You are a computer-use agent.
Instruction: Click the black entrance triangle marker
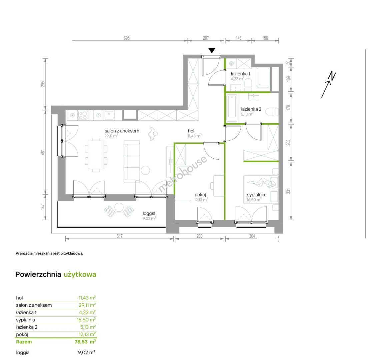tap(212, 50)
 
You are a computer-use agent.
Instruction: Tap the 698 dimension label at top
tap(127, 38)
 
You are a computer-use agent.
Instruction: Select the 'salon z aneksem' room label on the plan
tap(122, 131)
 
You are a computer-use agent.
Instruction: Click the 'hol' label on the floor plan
tap(191, 131)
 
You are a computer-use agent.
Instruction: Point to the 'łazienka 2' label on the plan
tap(251, 109)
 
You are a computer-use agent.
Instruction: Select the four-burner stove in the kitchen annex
tap(83, 115)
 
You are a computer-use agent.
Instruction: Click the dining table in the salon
tap(96, 155)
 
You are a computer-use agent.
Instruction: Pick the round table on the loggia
tap(119, 207)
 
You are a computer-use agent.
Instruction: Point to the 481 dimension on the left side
tap(43, 152)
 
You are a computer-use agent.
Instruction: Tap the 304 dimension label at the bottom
tap(252, 236)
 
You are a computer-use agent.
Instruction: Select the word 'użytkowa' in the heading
tap(80, 274)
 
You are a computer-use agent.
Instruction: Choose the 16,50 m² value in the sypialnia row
tap(86, 320)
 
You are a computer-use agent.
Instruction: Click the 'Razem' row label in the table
tap(24, 342)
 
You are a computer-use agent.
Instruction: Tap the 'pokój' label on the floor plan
tap(200, 195)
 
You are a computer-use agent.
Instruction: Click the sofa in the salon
tap(132, 161)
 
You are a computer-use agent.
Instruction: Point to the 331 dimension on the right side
tap(288, 191)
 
